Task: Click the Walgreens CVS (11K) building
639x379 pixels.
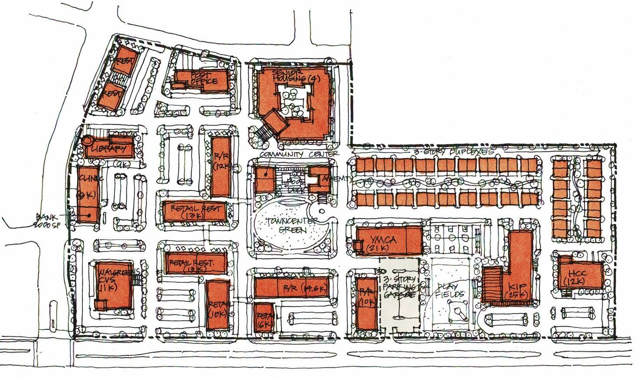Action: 112,285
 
